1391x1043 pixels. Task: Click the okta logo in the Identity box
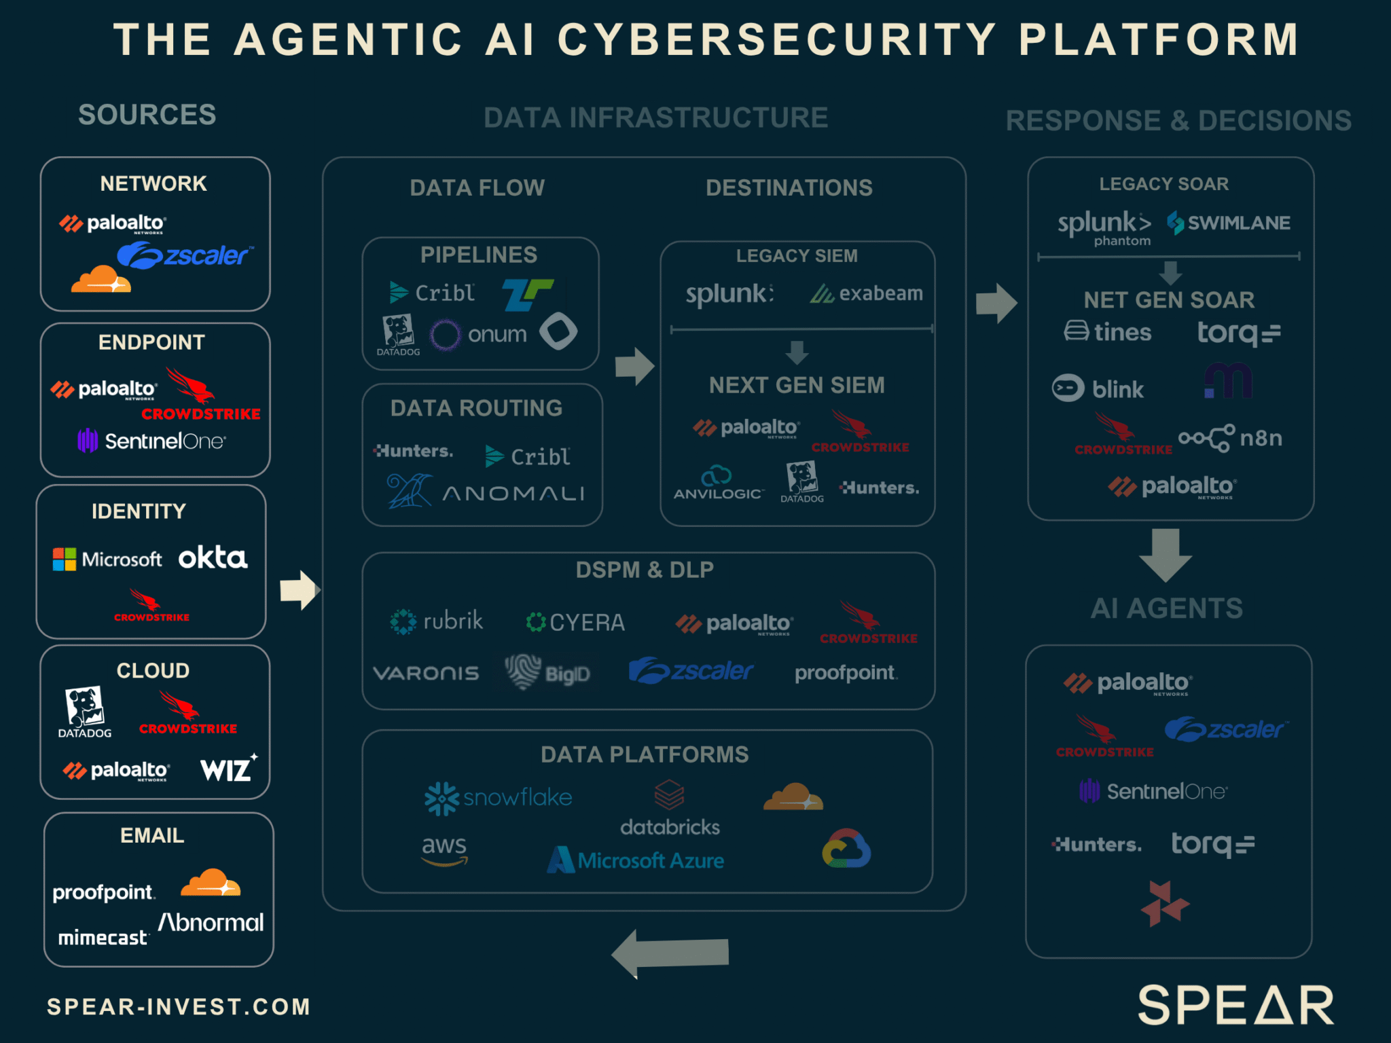213,557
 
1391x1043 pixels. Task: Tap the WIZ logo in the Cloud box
228,769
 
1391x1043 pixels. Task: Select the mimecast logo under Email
103,938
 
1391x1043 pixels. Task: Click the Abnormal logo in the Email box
211,922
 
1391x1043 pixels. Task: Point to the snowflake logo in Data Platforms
498,798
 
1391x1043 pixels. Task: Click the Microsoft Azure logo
636,860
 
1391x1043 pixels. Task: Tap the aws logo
444,849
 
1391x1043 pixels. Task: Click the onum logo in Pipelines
480,334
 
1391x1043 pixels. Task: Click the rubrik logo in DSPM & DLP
436,621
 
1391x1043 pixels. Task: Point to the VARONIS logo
426,673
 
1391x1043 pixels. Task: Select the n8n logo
1230,438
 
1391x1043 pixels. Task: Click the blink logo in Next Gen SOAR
1098,389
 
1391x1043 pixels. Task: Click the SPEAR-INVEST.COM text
179,1006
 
